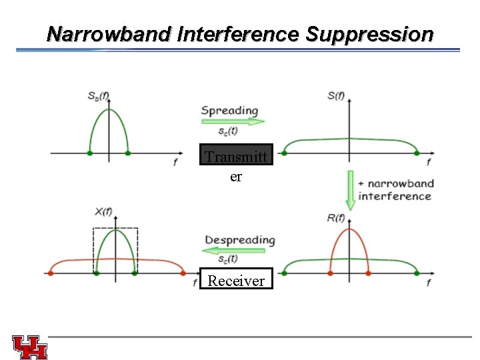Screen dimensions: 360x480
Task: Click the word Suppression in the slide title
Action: (369, 34)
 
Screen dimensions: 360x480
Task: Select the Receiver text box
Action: (236, 279)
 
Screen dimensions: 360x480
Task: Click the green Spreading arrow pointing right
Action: (233, 122)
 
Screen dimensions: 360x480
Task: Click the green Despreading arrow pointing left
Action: (237, 251)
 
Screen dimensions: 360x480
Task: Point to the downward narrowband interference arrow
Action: (349, 189)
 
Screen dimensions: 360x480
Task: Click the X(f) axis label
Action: (103, 212)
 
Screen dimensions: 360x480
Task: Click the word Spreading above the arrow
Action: (229, 110)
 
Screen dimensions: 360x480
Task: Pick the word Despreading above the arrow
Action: (239, 239)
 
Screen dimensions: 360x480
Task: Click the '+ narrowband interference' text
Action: (395, 189)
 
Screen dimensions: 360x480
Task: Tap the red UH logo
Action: (30, 347)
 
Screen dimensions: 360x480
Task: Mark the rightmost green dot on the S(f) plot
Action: (417, 153)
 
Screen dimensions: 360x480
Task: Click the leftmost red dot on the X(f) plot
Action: (50, 273)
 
